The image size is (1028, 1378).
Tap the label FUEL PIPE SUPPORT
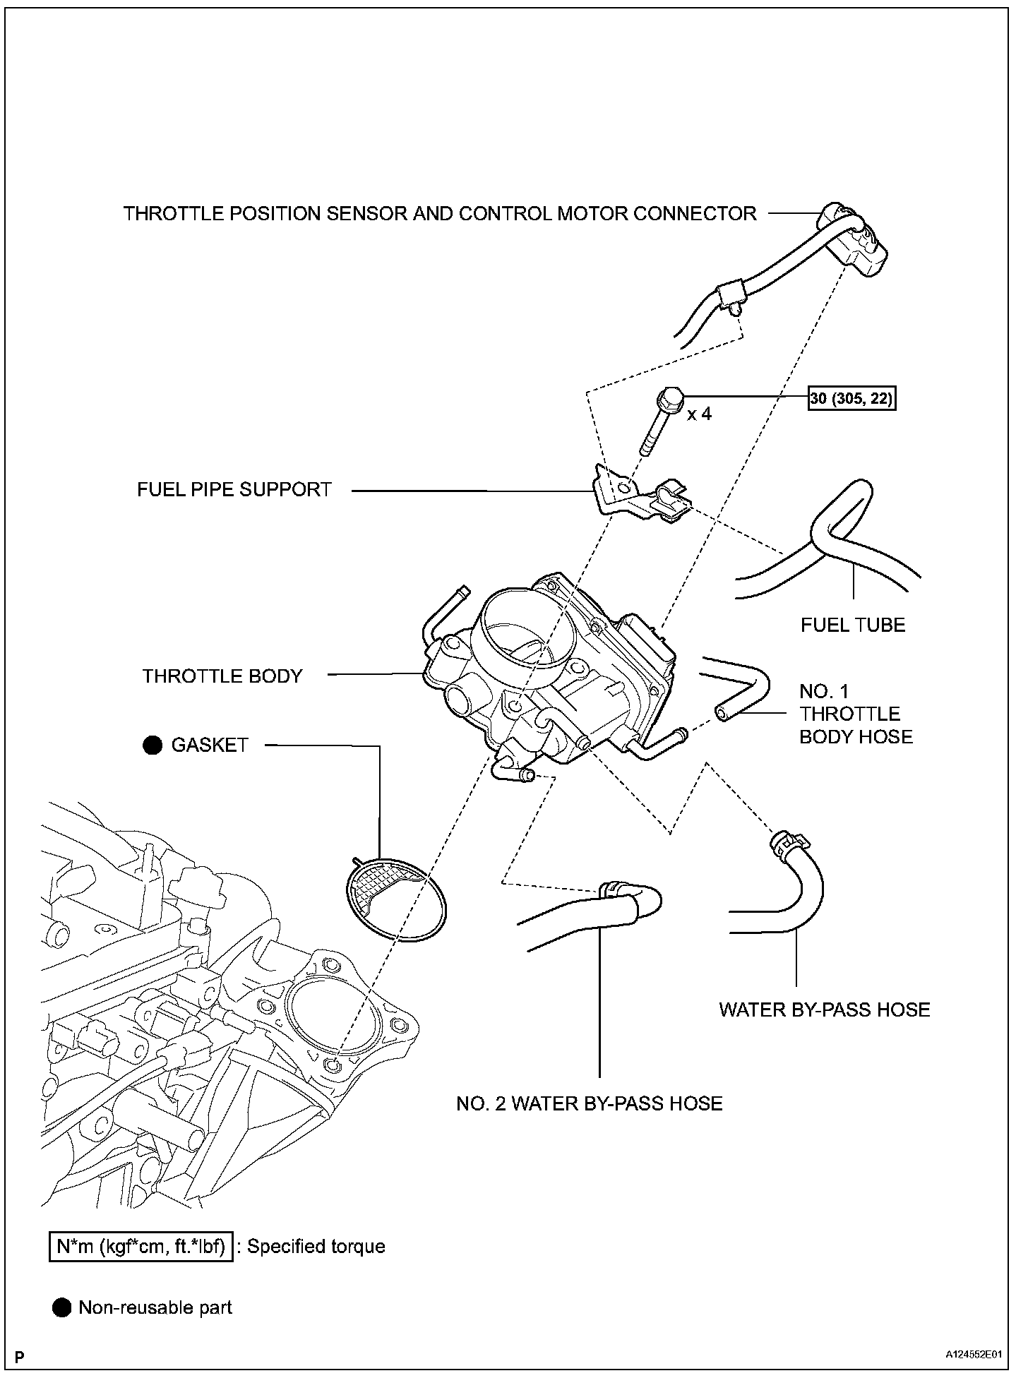(x=234, y=490)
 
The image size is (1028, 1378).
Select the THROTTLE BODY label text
(x=222, y=676)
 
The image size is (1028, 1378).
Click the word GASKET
(x=210, y=745)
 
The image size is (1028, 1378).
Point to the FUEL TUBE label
(x=852, y=625)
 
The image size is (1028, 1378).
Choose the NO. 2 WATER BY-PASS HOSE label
(x=589, y=1103)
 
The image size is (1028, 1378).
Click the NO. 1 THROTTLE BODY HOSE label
(x=855, y=714)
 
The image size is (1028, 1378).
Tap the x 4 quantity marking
(x=699, y=414)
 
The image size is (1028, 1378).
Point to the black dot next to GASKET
(x=153, y=745)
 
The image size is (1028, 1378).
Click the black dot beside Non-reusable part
(x=62, y=1308)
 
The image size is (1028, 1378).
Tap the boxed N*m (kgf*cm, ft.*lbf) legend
(x=141, y=1247)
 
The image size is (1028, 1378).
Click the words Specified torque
(x=316, y=1247)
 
